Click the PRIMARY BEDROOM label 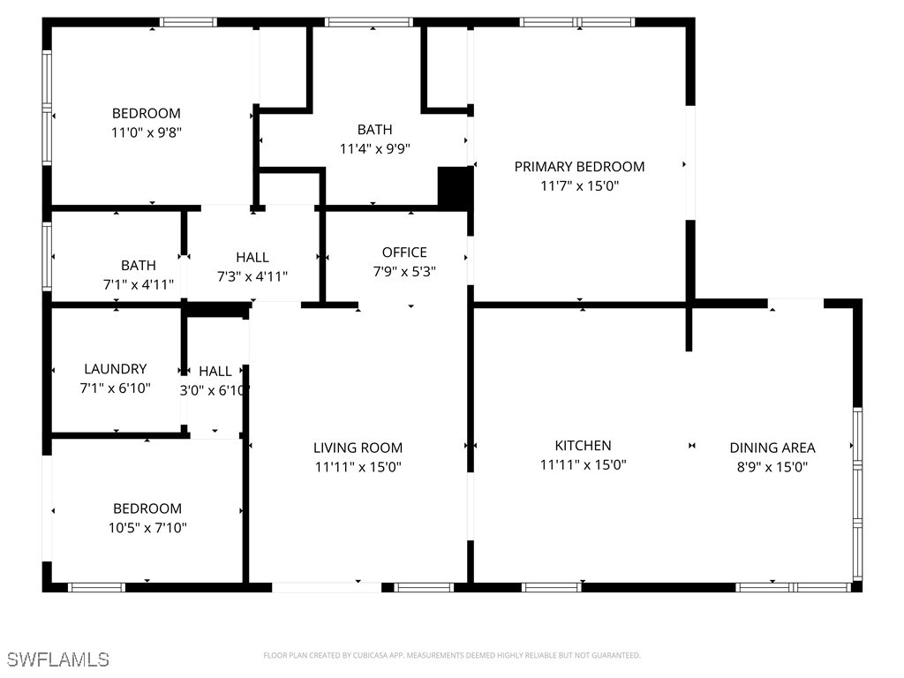click(x=579, y=166)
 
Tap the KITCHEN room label click(x=583, y=446)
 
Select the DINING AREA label click(x=772, y=448)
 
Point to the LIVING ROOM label click(x=358, y=448)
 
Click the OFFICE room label click(x=404, y=252)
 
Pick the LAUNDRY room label click(x=115, y=369)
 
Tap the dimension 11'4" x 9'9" click(x=375, y=149)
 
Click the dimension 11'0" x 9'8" click(x=147, y=132)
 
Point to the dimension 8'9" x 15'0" click(x=772, y=467)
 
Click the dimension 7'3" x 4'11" click(x=252, y=276)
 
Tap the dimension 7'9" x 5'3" click(x=404, y=272)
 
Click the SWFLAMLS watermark click(x=57, y=659)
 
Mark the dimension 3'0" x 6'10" click(x=215, y=390)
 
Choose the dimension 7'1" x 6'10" click(x=115, y=388)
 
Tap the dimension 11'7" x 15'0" click(x=579, y=185)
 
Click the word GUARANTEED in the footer click(x=618, y=656)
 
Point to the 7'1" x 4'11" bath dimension click(x=139, y=284)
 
